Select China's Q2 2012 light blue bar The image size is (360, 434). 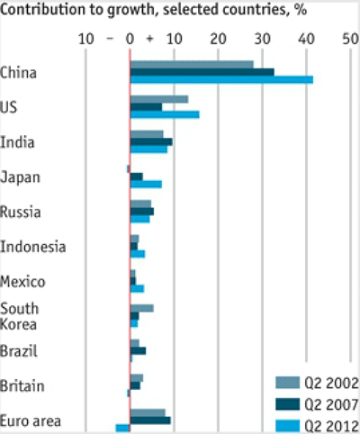pos(221,80)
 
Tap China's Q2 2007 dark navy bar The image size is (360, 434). pos(202,72)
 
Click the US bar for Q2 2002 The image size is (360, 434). pos(159,99)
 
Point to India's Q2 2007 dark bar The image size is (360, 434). pos(151,141)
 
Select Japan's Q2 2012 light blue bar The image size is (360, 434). pos(146,185)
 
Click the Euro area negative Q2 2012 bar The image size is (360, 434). pos(122,428)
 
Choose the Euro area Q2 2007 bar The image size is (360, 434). pos(150,420)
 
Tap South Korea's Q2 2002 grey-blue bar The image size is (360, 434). pos(142,308)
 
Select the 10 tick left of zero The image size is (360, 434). pos(86,40)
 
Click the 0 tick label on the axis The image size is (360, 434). pos(130,40)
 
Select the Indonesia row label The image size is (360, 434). pos(29,247)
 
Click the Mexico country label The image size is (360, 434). pos(23,282)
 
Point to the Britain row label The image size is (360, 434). pos(22,386)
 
